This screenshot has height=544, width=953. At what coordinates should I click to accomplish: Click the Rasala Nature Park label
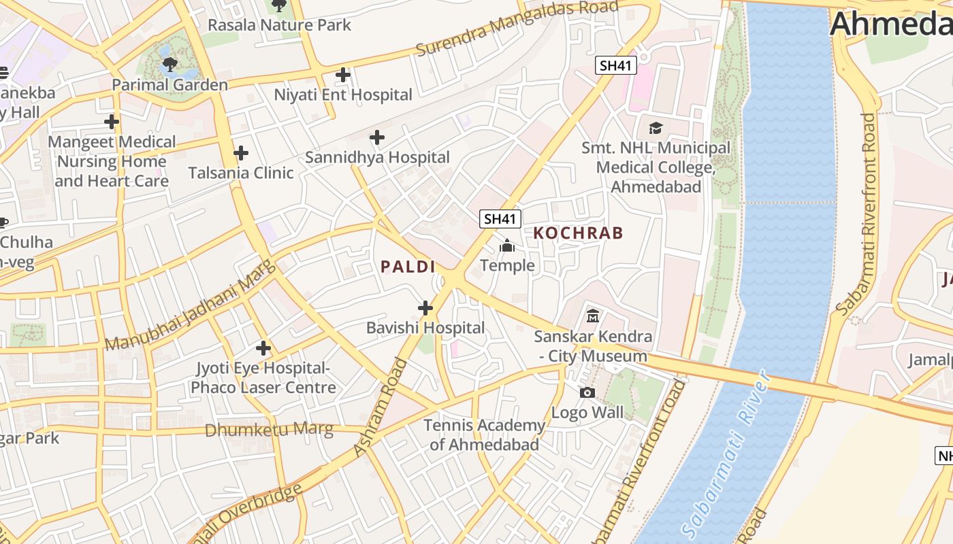pos(279,25)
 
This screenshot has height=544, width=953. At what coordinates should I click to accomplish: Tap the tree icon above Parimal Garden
pos(169,65)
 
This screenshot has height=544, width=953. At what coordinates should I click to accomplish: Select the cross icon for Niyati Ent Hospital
pos(343,75)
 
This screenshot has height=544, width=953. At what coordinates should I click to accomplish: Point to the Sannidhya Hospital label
pos(377,157)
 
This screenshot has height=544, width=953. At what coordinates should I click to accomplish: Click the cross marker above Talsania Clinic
pos(240,153)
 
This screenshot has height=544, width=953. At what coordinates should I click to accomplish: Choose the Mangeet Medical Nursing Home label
pos(112,161)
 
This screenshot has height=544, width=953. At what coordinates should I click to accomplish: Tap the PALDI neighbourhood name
pos(408,267)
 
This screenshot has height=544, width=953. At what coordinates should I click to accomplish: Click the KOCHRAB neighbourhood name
pos(578,233)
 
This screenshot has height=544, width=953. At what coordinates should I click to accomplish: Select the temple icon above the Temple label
pos(507,245)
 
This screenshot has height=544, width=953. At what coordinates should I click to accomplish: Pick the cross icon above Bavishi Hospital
pos(425,308)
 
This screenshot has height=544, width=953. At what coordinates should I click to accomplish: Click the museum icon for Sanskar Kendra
pos(593,316)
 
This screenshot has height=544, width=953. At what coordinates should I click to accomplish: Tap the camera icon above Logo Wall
pos(587,392)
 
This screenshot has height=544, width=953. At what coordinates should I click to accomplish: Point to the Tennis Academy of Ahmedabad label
pos(484,435)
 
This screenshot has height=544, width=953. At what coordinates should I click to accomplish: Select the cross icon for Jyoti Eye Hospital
pos(263,349)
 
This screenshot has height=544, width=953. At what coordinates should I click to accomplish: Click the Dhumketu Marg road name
pos(269,430)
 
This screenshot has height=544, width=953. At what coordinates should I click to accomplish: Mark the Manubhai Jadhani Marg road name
pos(191,305)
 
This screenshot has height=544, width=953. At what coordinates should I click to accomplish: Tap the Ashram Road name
pos(380,408)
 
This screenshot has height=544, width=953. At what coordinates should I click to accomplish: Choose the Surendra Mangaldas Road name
pos(517,27)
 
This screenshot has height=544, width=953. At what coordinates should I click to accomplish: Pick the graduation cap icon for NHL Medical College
pos(656,128)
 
